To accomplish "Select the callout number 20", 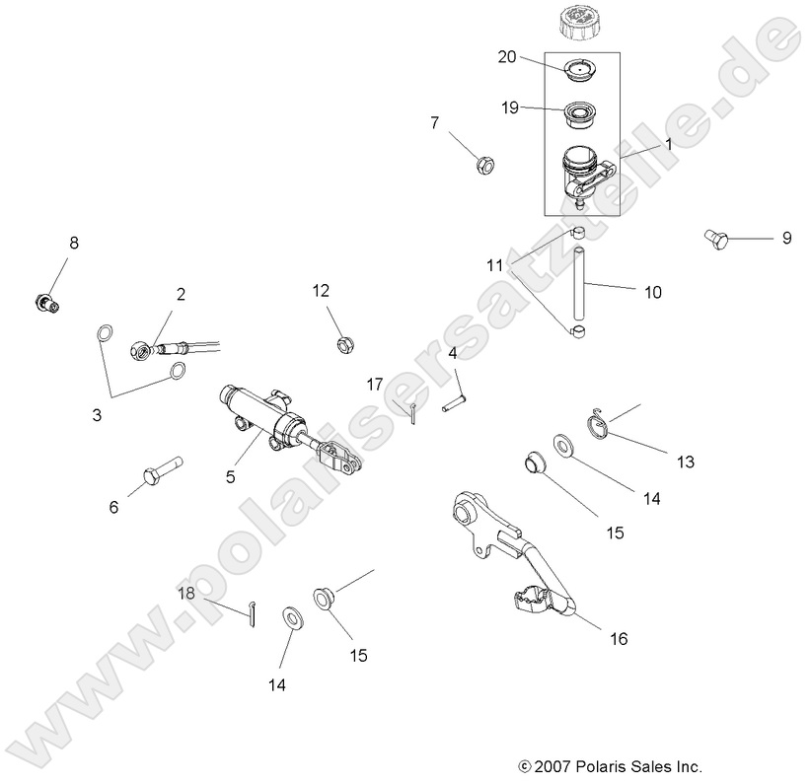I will click(507, 58).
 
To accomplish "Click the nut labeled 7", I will click(484, 163).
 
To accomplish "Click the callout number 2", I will click(181, 294).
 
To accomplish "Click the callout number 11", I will click(494, 265).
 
